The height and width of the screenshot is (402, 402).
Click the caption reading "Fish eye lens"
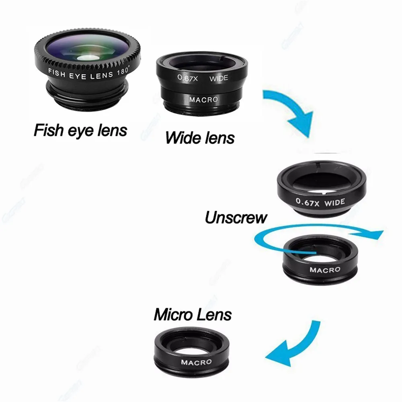tap(80, 130)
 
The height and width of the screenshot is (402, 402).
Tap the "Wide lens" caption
tap(199, 137)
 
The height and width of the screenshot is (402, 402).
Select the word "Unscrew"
tap(236, 217)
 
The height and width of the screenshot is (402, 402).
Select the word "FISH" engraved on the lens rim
tap(56, 72)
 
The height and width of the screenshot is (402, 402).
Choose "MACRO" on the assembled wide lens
tap(203, 99)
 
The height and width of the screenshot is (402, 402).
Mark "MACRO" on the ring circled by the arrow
tap(325, 269)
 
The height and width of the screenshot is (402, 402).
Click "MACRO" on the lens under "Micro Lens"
tap(196, 362)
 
